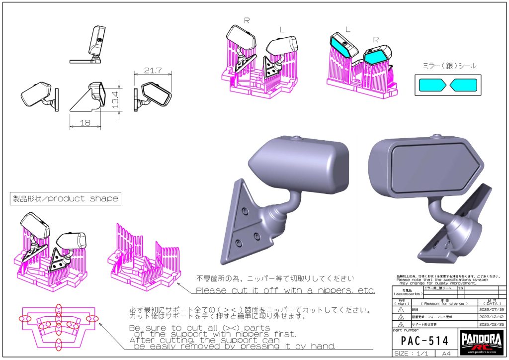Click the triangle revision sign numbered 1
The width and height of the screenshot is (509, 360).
click(401, 309)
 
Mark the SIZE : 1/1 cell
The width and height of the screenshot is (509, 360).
click(411, 354)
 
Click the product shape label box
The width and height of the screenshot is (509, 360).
click(65, 198)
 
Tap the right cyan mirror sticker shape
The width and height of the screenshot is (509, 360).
click(463, 85)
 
